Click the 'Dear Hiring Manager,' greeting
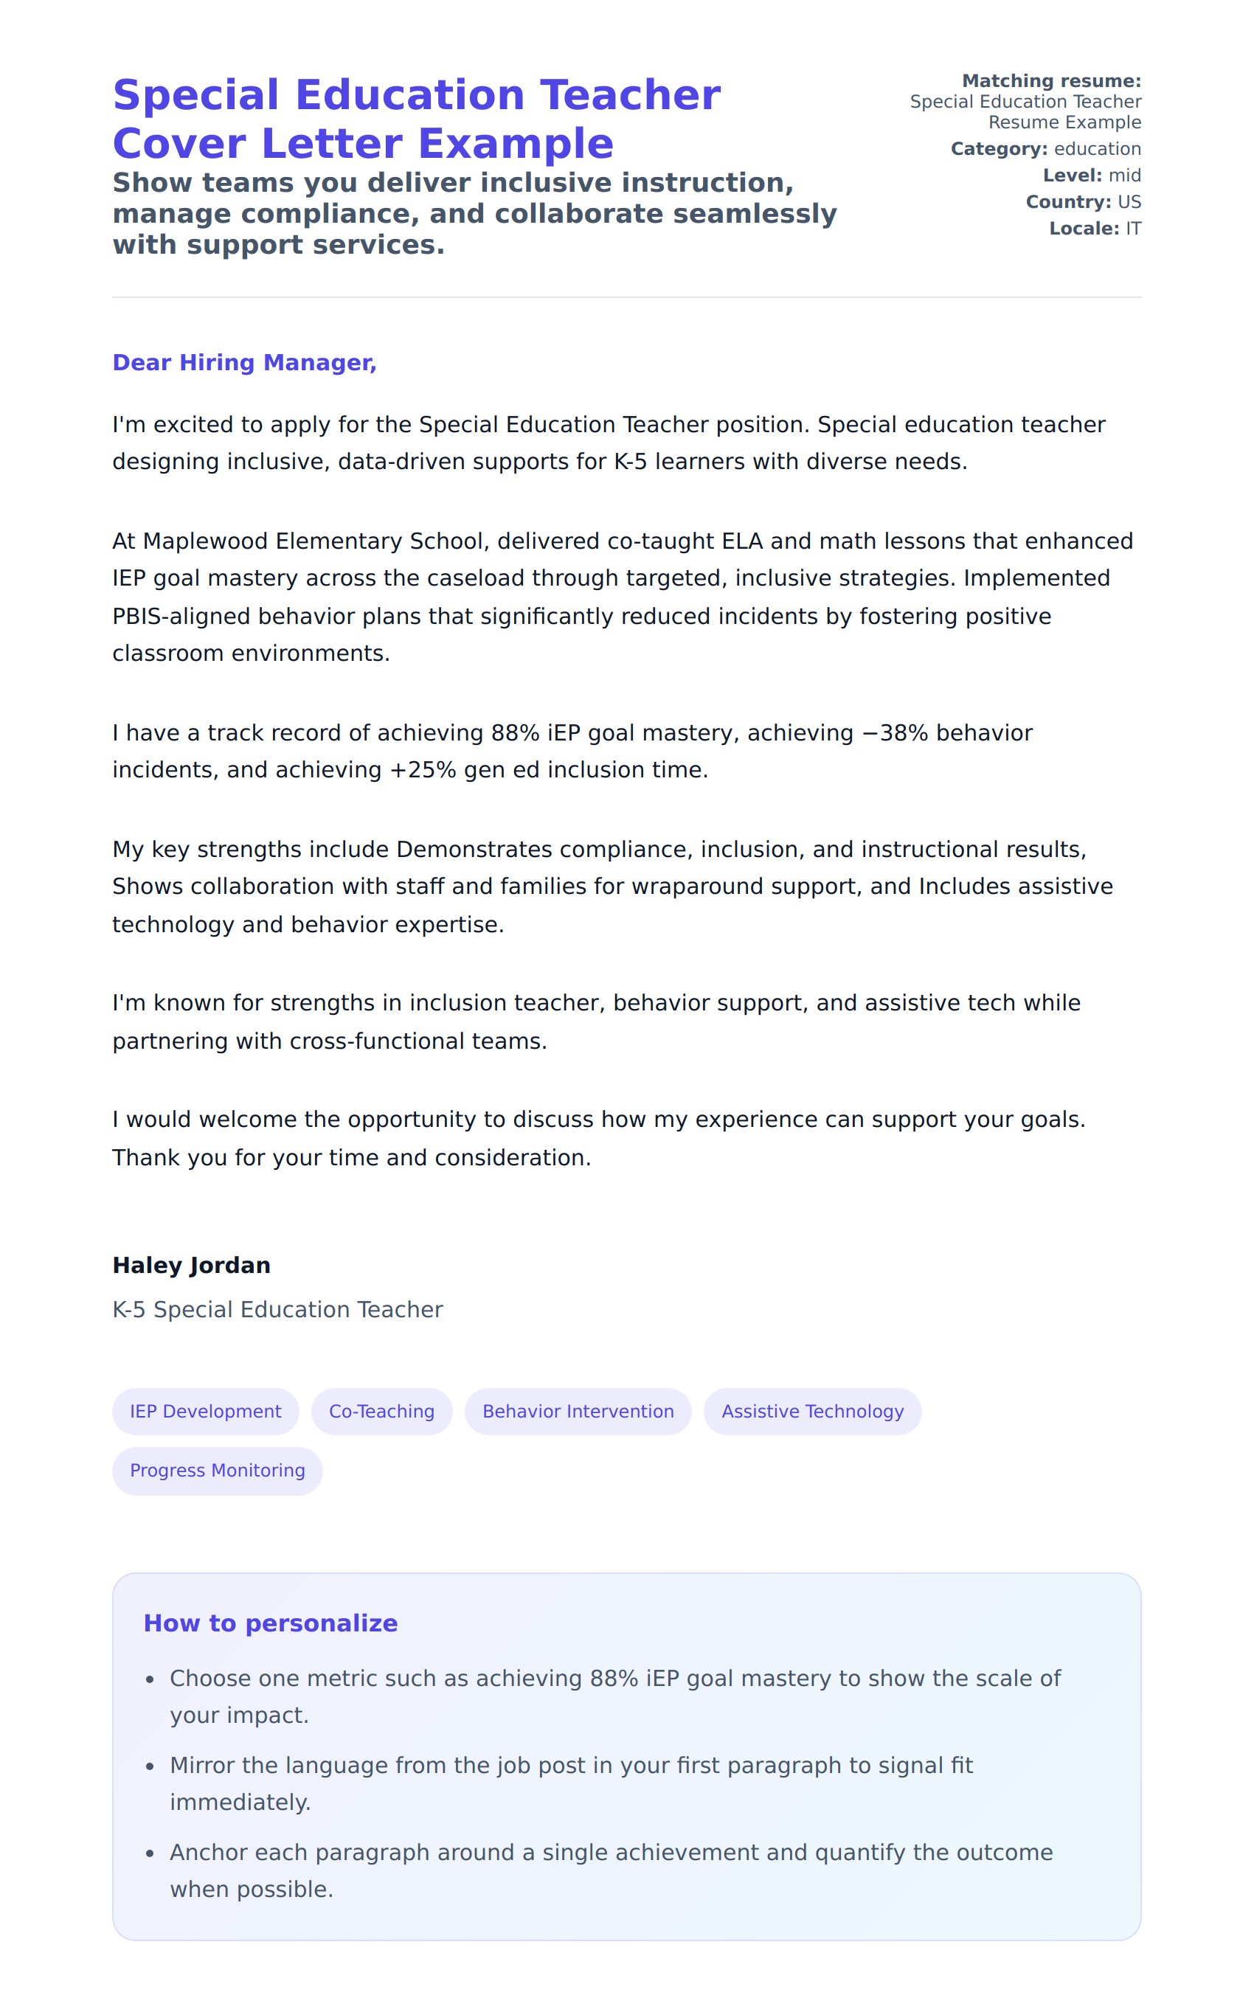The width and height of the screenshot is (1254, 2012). pyautogui.click(x=244, y=362)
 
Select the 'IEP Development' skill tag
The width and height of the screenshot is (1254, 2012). pyautogui.click(x=206, y=1411)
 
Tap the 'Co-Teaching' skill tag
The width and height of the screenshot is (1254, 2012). pyautogui.click(x=381, y=1411)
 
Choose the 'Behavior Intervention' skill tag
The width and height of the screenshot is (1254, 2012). pyautogui.click(x=578, y=1411)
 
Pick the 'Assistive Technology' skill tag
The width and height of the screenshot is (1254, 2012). pyautogui.click(x=812, y=1411)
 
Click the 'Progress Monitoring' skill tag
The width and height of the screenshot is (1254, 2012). pyautogui.click(x=218, y=1470)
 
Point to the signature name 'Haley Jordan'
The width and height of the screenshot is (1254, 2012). pyautogui.click(x=192, y=1265)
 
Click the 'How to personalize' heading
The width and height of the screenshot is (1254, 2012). pyautogui.click(x=271, y=1623)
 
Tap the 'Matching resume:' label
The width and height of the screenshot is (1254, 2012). pyautogui.click(x=1051, y=81)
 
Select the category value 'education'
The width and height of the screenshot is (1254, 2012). pyautogui.click(x=1098, y=149)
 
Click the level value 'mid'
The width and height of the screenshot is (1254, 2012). pyautogui.click(x=1125, y=176)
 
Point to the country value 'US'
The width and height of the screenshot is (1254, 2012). pyautogui.click(x=1129, y=202)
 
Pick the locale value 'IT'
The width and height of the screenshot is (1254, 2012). pyautogui.click(x=1133, y=229)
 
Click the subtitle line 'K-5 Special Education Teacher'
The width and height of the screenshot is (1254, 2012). pyautogui.click(x=277, y=1310)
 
